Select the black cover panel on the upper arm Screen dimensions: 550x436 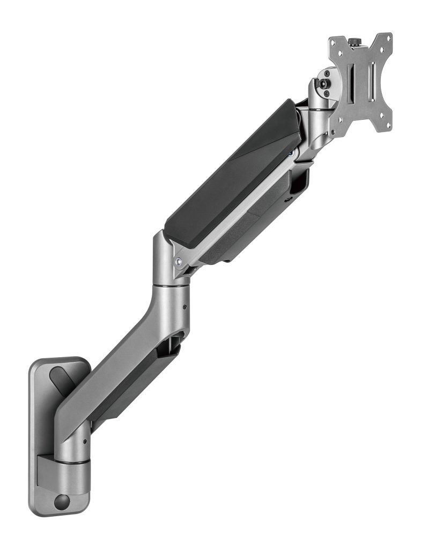tap(231, 177)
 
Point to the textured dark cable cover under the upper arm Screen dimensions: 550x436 tap(252, 226)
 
